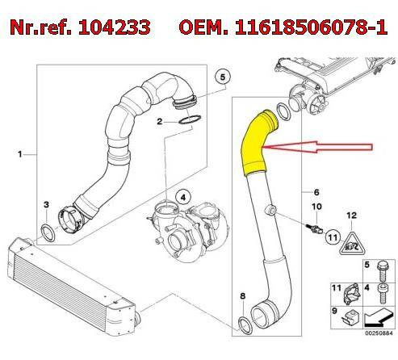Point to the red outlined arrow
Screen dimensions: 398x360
317,147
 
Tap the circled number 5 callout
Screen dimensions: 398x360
223,77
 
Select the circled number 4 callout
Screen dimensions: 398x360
183,198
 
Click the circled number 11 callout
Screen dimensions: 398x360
333,237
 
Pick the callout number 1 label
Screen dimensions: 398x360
19,154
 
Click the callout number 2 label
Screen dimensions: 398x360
160,122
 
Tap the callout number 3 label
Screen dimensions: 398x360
46,204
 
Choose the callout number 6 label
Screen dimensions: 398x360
316,192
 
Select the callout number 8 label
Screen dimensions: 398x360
243,296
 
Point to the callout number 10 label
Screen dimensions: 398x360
316,207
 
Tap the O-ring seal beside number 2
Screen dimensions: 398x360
190,119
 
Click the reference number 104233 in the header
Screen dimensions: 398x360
114,27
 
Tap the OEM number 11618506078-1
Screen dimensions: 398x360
312,27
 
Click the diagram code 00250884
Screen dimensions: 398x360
379,333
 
